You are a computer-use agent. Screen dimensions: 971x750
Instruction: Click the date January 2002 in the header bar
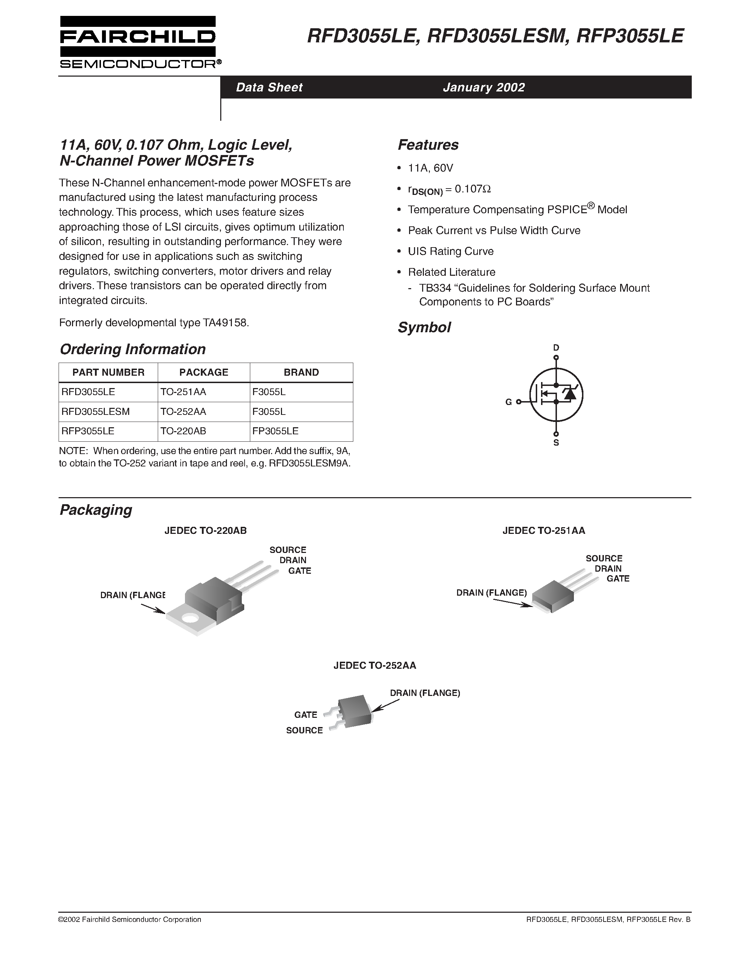(484, 87)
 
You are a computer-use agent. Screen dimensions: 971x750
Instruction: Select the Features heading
(428, 145)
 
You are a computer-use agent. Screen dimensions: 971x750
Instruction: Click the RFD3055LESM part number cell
(96, 412)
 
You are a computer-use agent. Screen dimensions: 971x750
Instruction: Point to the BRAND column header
(301, 372)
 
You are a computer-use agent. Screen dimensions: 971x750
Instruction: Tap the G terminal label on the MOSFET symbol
(509, 402)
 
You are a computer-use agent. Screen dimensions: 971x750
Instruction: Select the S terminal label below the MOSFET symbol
(556, 443)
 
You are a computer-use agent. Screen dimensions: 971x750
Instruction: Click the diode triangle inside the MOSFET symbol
(570, 393)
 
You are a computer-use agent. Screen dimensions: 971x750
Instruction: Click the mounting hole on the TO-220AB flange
(190, 618)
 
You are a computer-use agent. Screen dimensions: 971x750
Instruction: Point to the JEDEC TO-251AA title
(544, 530)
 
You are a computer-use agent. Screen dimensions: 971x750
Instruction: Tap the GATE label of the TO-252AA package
(305, 714)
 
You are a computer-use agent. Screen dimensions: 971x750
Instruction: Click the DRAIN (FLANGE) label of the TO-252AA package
(425, 693)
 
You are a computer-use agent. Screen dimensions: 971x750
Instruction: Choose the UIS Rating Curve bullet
(451, 251)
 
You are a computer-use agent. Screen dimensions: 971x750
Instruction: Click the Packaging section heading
(96, 510)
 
